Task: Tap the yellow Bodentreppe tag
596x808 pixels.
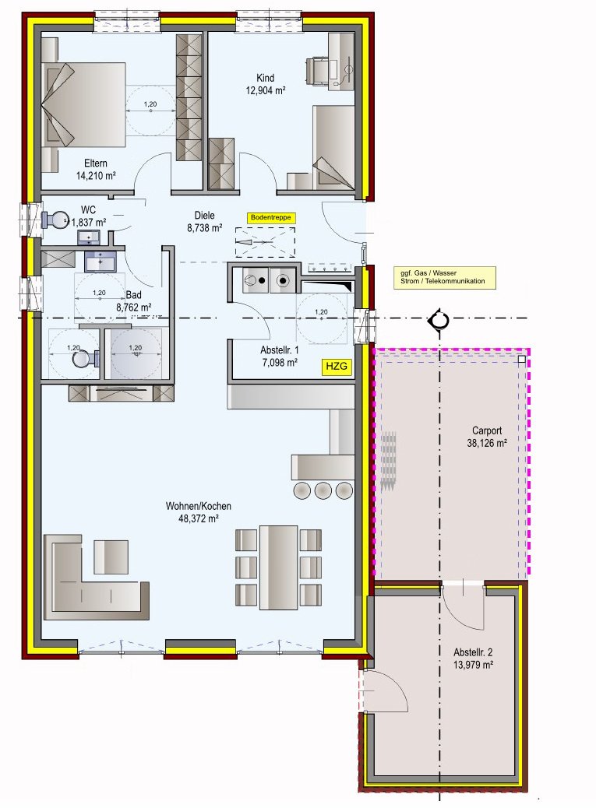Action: pyautogui.click(x=272, y=218)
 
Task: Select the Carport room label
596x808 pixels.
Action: pyautogui.click(x=487, y=430)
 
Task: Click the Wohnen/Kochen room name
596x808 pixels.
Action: pyautogui.click(x=198, y=506)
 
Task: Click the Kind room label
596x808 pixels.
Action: pyautogui.click(x=266, y=78)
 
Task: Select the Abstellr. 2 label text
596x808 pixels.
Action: pyautogui.click(x=474, y=652)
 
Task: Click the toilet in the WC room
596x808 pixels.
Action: pyautogui.click(x=57, y=220)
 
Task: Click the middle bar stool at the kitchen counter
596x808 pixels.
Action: pyautogui.click(x=323, y=490)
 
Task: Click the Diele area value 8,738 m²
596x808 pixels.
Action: pyautogui.click(x=206, y=229)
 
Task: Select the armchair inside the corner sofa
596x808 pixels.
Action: pyautogui.click(x=111, y=557)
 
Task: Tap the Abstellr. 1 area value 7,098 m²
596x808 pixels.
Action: pyautogui.click(x=279, y=362)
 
